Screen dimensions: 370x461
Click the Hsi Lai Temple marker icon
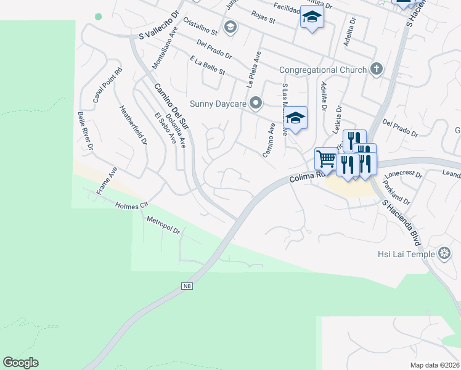444,253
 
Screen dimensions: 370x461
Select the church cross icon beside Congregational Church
376,70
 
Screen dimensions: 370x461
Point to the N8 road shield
187,286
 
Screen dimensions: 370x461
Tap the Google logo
20,363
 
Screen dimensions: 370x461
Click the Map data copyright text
434,365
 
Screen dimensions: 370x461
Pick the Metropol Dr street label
163,226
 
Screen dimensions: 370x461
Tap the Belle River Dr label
85,131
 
